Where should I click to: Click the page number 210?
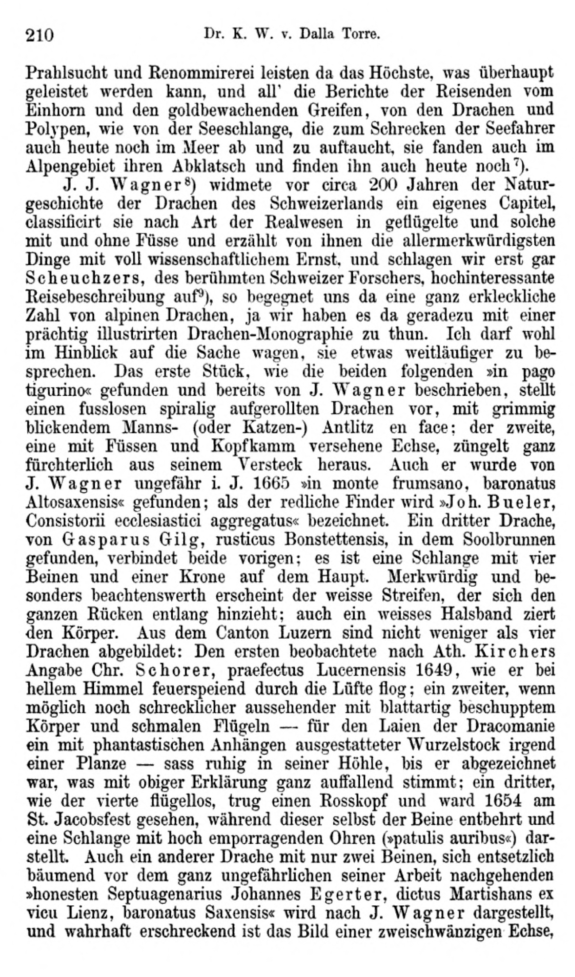tap(40, 35)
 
